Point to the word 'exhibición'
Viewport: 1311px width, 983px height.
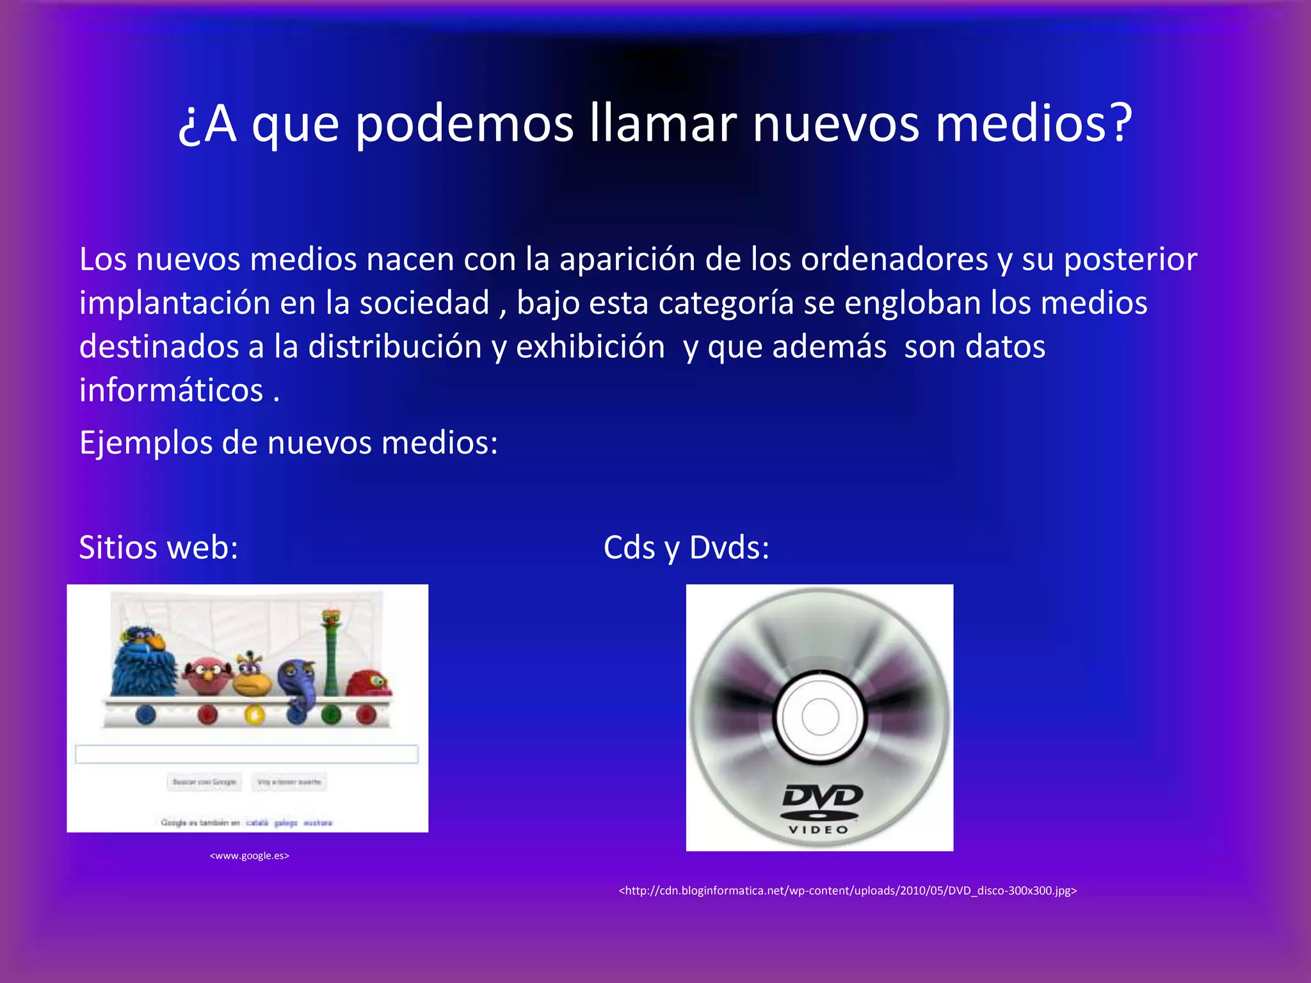(x=590, y=347)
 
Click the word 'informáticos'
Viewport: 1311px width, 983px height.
(x=171, y=390)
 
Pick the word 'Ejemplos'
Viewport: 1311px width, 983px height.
(x=145, y=443)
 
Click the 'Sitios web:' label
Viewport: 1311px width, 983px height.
(x=158, y=548)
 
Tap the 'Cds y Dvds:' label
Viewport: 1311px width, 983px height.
(x=686, y=548)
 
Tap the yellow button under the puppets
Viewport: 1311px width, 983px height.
(x=254, y=715)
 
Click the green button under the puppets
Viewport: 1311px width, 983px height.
(x=330, y=714)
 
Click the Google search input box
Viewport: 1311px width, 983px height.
(x=246, y=755)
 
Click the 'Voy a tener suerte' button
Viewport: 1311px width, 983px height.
(x=289, y=782)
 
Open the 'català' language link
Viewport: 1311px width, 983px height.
(x=257, y=822)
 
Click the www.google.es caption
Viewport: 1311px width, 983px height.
(x=249, y=856)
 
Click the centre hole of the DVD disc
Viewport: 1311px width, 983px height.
(x=820, y=717)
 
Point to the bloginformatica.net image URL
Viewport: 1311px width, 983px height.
(x=848, y=891)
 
